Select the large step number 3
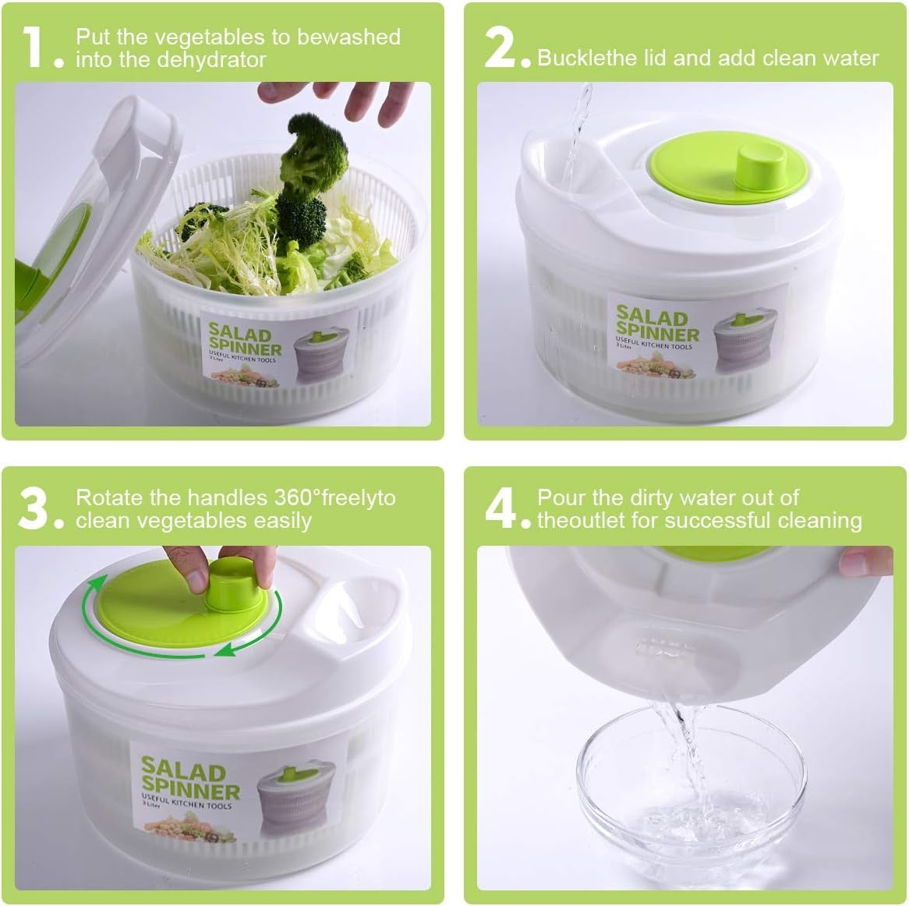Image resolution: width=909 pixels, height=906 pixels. [x=34, y=508]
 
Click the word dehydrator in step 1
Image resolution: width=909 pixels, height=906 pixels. [x=211, y=60]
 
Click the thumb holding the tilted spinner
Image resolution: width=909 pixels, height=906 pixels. [x=865, y=561]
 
